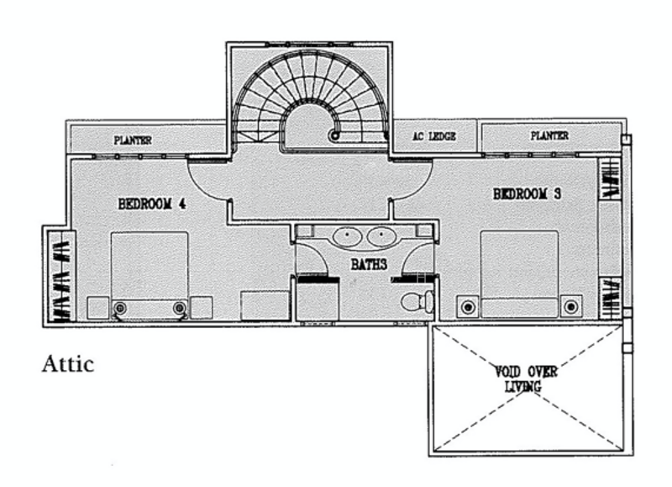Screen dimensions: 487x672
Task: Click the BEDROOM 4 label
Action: coord(151,203)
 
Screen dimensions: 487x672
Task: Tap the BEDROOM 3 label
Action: coord(527,195)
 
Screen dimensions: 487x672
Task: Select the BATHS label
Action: coord(369,265)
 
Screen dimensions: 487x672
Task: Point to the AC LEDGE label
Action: coord(434,136)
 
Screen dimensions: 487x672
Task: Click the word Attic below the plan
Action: coord(68,364)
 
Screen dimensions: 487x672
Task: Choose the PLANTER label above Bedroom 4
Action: coord(133,140)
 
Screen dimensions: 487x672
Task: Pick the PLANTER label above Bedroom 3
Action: coord(549,135)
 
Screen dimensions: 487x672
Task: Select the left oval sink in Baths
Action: coord(347,236)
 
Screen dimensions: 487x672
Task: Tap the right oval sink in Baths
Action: coord(382,236)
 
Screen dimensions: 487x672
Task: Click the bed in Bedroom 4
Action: coord(150,273)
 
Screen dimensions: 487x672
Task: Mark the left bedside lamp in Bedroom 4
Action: coord(120,308)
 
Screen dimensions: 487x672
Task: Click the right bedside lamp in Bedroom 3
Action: coord(572,306)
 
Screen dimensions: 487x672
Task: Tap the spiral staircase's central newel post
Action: coord(334,134)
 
